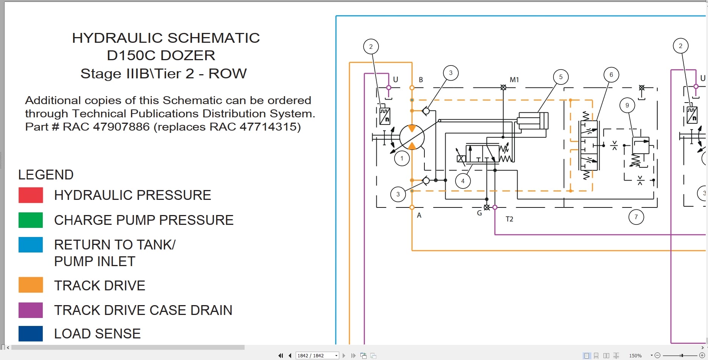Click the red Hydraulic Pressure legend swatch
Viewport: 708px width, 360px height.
point(31,195)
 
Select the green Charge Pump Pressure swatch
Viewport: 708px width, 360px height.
point(31,220)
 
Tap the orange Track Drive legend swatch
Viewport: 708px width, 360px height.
point(31,285)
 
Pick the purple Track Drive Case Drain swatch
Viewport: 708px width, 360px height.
point(31,310)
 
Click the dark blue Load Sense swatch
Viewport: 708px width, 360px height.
point(31,334)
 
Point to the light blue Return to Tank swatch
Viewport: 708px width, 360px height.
point(31,245)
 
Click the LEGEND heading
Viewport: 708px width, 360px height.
point(46,175)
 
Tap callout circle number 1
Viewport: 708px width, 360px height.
point(402,158)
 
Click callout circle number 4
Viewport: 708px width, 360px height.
point(463,181)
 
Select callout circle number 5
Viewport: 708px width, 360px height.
point(561,77)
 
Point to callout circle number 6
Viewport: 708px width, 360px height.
point(611,75)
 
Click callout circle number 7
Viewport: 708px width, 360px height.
point(636,217)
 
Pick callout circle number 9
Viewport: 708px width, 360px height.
point(627,105)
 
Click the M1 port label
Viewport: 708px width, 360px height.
point(514,80)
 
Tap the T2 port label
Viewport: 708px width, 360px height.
point(510,219)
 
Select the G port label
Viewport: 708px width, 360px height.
point(479,213)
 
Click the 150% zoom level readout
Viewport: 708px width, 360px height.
point(635,355)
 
